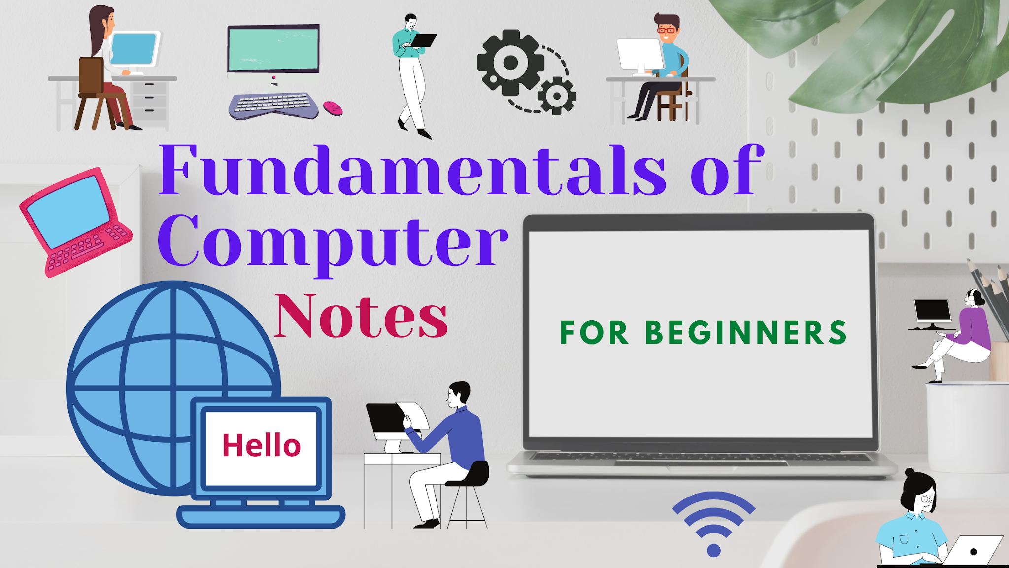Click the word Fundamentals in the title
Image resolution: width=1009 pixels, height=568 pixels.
point(412,170)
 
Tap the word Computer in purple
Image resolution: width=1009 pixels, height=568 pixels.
point(333,242)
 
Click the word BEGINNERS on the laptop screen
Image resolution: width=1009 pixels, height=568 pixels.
point(746,332)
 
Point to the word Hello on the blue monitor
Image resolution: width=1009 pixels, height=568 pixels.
point(261,445)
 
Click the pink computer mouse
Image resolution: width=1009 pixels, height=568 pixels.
point(333,107)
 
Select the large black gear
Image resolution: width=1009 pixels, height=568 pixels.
point(510,63)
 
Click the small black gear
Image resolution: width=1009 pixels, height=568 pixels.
point(557,96)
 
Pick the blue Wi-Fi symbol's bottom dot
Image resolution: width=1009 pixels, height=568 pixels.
point(713,550)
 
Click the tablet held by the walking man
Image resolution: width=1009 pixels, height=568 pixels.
point(424,40)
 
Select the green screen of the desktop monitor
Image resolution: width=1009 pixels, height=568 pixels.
point(273,49)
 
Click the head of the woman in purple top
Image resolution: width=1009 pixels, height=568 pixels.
point(974,297)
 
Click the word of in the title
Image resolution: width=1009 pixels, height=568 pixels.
point(727,170)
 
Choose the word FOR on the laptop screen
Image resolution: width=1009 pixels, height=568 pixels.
point(594,332)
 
